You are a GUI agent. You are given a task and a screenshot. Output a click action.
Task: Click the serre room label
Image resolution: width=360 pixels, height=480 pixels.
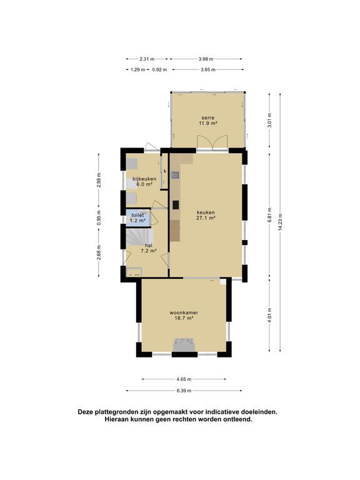click(x=208, y=120)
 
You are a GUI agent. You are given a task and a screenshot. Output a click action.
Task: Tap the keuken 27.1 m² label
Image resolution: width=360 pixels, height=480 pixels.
click(x=206, y=215)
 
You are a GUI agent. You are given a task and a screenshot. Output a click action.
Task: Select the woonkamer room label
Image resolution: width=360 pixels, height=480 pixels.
click(x=184, y=316)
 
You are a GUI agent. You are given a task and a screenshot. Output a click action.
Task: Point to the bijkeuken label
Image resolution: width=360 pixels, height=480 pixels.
click(x=144, y=179)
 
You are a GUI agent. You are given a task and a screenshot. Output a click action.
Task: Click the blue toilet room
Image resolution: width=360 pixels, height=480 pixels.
click(x=138, y=217)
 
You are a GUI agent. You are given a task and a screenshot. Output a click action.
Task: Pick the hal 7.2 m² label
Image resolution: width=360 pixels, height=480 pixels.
click(x=149, y=248)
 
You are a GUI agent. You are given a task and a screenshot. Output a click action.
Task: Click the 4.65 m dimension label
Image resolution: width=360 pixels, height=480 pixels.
click(x=184, y=379)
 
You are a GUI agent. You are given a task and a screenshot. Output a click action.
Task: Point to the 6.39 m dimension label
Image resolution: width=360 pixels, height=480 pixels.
click(x=184, y=391)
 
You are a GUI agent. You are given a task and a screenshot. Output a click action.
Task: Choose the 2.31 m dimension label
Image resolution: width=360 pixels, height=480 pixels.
click(x=147, y=59)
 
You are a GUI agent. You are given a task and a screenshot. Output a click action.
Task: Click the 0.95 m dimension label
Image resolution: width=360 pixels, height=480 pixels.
click(x=99, y=217)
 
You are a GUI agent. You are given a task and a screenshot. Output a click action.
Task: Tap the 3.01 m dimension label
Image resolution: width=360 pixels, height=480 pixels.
click(x=269, y=121)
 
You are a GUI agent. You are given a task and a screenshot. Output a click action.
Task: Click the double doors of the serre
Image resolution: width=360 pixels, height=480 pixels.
click(x=212, y=142)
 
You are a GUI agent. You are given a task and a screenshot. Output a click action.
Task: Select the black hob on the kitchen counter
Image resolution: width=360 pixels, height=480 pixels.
click(x=176, y=204)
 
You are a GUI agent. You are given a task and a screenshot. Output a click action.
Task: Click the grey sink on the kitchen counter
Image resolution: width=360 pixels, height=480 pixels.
click(x=175, y=175)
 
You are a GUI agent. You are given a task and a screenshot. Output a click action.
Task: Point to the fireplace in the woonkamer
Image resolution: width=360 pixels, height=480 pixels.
click(x=184, y=345)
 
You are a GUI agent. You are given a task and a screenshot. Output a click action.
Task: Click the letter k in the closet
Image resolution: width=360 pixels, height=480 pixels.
click(x=165, y=171)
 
